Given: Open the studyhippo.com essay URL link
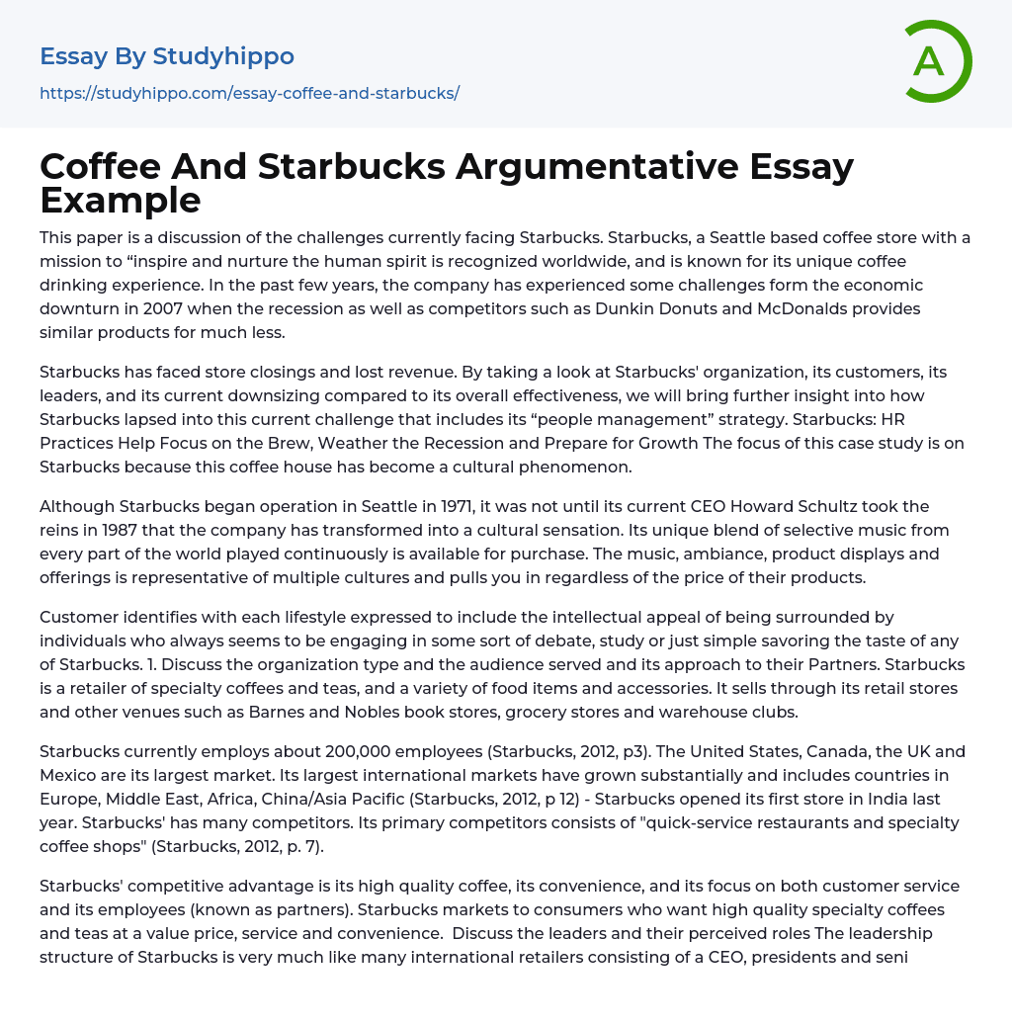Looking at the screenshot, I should pyautogui.click(x=249, y=93).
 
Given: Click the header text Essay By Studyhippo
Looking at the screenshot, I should pyautogui.click(x=167, y=56).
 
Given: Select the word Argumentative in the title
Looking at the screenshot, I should pyautogui.click(x=597, y=167).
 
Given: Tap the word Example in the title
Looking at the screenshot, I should pyautogui.click(x=121, y=201).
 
